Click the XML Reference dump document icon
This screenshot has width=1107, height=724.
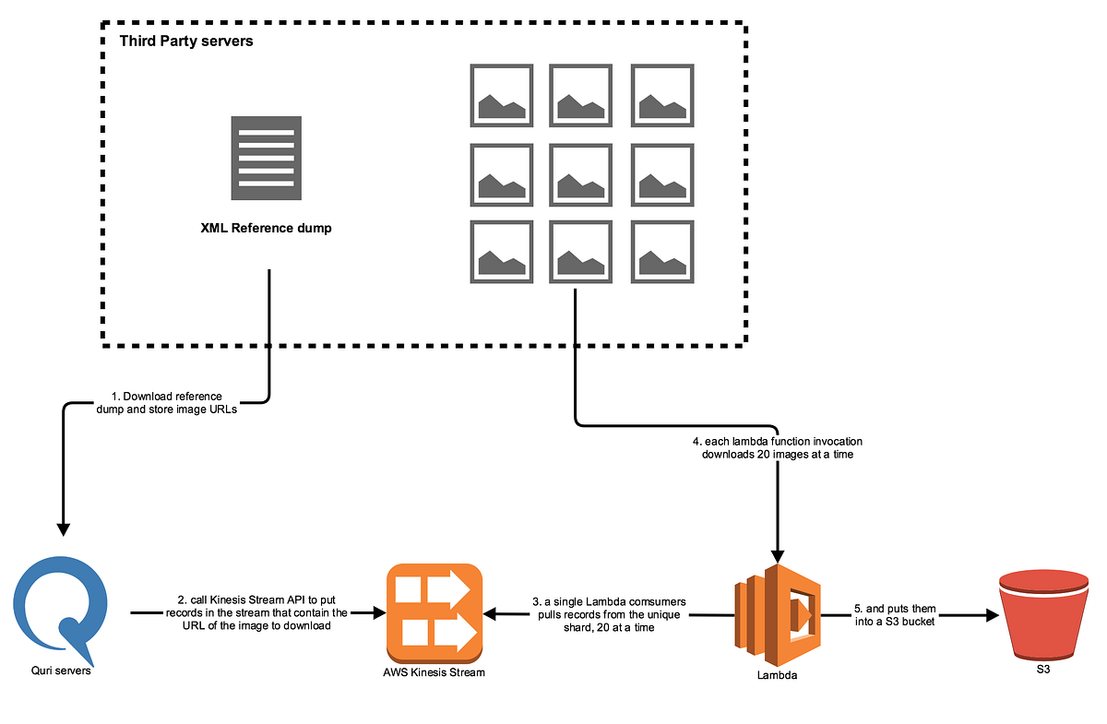click(266, 158)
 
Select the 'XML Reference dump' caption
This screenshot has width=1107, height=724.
click(266, 229)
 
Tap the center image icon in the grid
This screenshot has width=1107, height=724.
click(580, 173)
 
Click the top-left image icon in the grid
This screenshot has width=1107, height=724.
click(501, 95)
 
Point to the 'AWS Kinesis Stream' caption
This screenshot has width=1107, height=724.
click(434, 672)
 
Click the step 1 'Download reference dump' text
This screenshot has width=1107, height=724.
click(166, 403)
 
